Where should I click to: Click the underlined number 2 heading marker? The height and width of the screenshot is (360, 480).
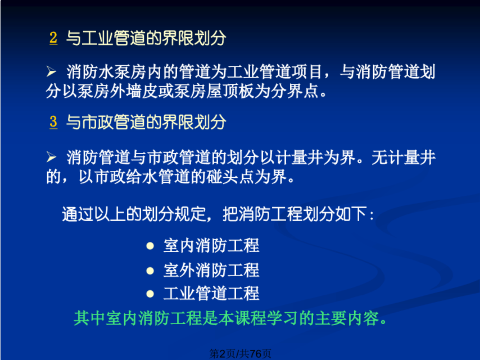click(x=53, y=38)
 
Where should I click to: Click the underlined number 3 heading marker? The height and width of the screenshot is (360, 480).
click(x=53, y=121)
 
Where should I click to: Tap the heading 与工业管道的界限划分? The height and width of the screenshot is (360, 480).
click(x=146, y=38)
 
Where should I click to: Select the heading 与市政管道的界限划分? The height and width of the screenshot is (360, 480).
click(x=146, y=122)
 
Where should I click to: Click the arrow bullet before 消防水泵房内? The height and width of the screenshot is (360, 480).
click(x=51, y=71)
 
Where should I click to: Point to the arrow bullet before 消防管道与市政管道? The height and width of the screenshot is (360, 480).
click(x=51, y=157)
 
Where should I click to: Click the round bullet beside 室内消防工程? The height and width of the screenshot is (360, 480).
click(x=150, y=246)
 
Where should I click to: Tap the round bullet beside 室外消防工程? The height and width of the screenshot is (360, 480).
click(x=150, y=271)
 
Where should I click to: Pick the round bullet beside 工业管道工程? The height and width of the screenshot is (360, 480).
click(x=150, y=294)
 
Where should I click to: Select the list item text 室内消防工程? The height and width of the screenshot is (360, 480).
click(x=211, y=246)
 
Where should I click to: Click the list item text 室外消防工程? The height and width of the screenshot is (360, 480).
click(x=211, y=271)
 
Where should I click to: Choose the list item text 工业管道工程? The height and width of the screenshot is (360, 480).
click(x=211, y=294)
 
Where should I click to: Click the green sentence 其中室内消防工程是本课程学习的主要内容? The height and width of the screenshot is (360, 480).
click(x=230, y=318)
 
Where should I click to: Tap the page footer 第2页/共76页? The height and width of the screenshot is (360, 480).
click(x=241, y=354)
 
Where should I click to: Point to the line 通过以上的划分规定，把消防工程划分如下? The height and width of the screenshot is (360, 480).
click(x=218, y=214)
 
